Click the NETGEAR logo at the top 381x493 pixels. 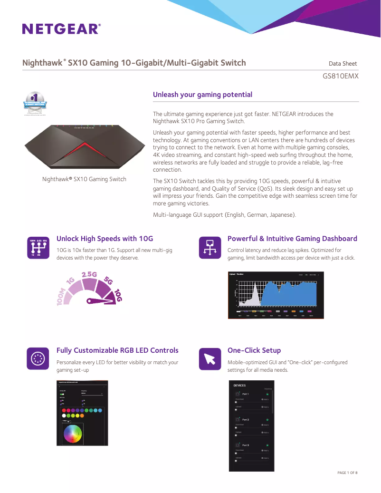(61, 29)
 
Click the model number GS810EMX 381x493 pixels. (340, 76)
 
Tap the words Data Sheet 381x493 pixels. (343, 63)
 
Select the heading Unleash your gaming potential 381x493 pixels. (202, 95)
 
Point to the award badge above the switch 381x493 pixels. (36, 103)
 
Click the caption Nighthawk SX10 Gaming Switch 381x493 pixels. (84, 179)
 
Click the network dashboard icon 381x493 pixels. (210, 248)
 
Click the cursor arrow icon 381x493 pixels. (210, 359)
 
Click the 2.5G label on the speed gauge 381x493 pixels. (89, 275)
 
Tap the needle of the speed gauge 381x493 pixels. (101, 300)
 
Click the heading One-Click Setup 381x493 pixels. (254, 350)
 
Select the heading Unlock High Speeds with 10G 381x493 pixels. (105, 239)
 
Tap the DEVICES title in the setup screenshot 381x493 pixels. (239, 386)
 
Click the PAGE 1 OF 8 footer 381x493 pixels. (347, 473)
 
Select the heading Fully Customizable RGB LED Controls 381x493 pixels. (117, 350)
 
